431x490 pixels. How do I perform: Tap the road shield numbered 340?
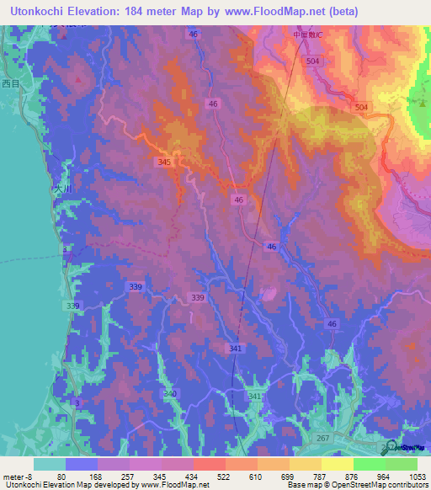pos(170,393)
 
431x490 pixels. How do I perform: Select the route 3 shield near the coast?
pos(77,404)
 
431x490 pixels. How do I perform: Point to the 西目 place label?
pos(10,83)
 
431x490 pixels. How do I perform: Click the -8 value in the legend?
pos(31,477)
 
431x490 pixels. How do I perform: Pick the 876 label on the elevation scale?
pos(354,477)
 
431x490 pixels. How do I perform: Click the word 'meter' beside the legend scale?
pos(13,477)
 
